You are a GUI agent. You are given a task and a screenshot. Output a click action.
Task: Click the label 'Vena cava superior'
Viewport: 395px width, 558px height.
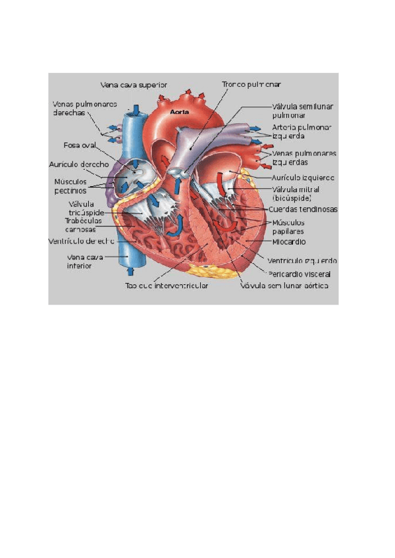click(x=134, y=84)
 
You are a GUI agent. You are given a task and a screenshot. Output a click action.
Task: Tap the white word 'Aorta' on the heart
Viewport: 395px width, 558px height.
click(x=180, y=112)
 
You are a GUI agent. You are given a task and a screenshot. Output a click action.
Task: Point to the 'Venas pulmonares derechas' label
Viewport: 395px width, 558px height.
click(x=85, y=108)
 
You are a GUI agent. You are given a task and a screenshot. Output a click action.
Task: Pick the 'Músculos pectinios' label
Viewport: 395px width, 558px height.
click(x=70, y=186)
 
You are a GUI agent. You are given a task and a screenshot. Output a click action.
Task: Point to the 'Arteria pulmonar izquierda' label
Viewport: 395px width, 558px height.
click(x=301, y=131)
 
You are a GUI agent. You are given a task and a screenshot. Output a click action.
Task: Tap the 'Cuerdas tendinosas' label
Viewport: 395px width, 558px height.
click(x=303, y=209)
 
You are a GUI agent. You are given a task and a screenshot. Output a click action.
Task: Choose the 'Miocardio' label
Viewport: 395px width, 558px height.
click(x=288, y=242)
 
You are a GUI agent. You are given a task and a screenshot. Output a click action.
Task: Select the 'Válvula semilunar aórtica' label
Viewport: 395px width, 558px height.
click(x=284, y=286)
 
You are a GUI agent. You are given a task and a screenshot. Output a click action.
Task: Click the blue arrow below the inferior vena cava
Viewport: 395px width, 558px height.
click(x=130, y=270)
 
